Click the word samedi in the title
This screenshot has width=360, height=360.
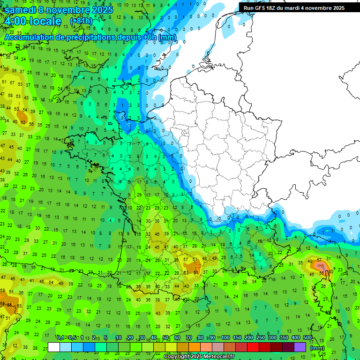pyautogui.click(x=20, y=10)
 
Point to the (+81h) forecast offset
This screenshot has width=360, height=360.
pyautogui.click(x=81, y=21)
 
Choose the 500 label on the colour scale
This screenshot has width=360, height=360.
pyautogui.click(x=307, y=338)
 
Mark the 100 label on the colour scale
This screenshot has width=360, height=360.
pyautogui.click(x=225, y=338)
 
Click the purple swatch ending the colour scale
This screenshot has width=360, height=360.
pyautogui.click(x=300, y=347)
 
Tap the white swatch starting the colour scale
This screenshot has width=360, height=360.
pyautogui.click(x=54, y=347)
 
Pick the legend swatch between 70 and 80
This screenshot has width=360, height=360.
pyautogui.click(x=194, y=347)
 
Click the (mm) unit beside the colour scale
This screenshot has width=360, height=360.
pyautogui.click(x=317, y=348)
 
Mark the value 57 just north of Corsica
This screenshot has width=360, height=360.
pyautogui.click(x=320, y=259)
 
